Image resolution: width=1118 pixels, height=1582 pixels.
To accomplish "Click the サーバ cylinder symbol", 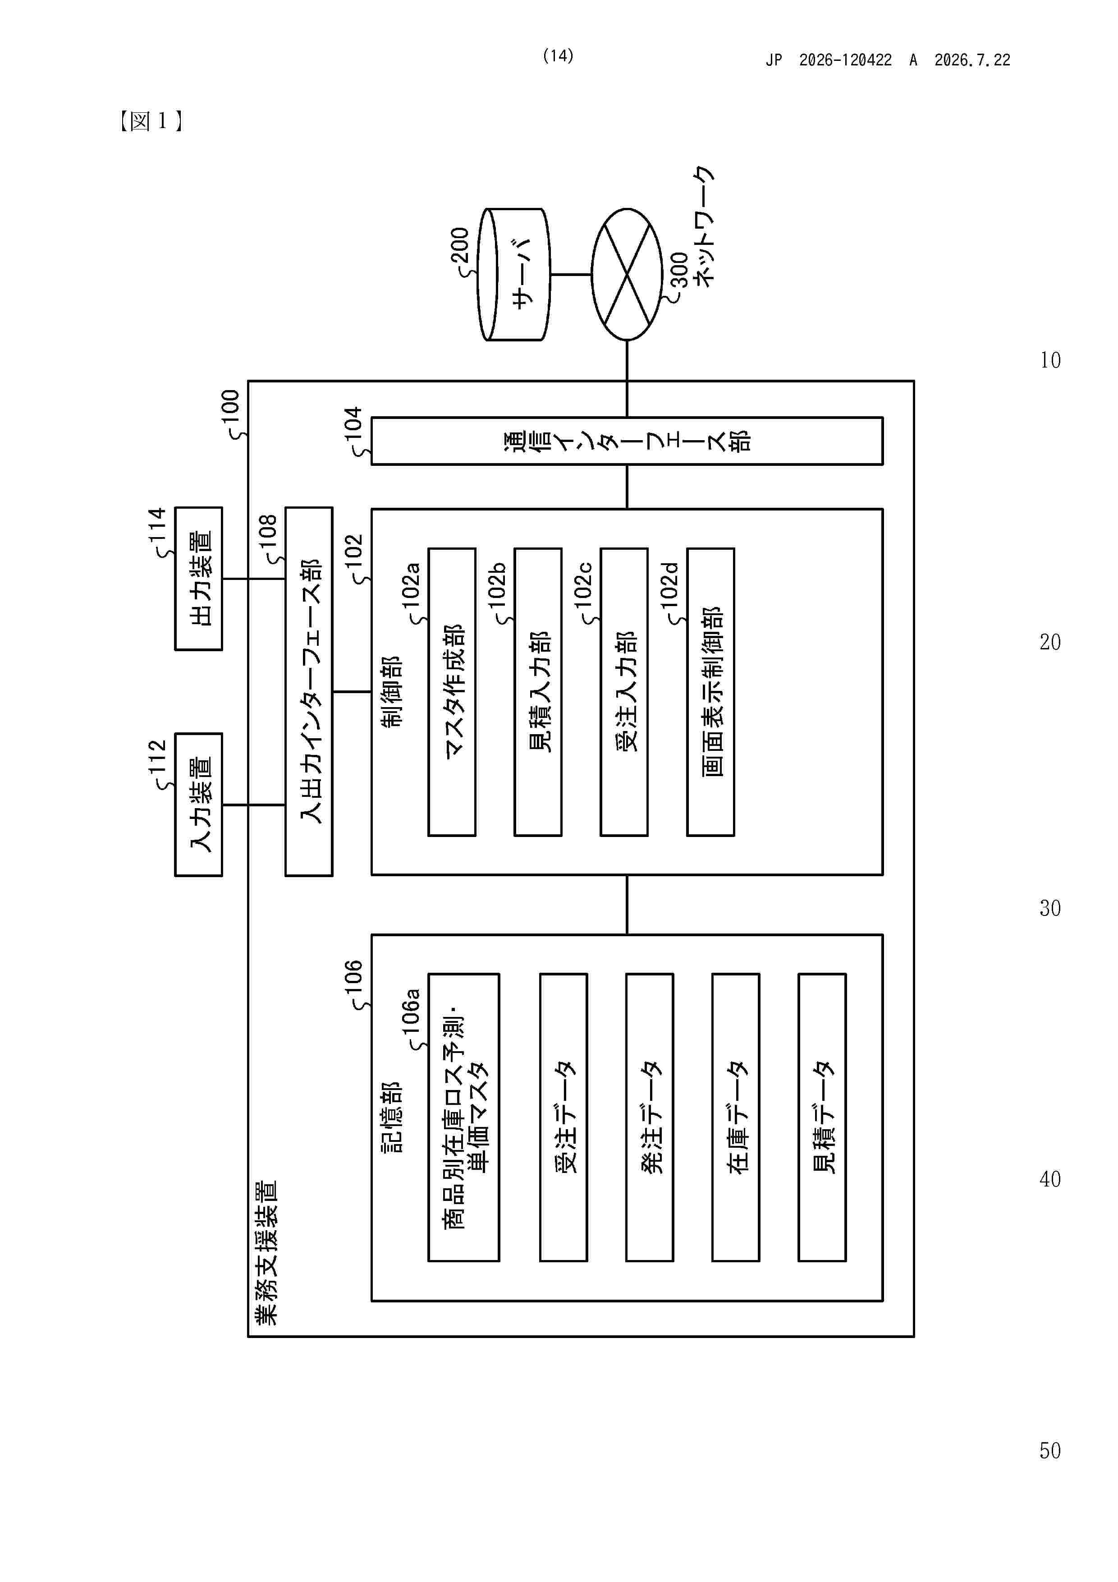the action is pyautogui.click(x=515, y=274).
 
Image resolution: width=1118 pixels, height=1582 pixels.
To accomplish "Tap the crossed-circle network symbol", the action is pyautogui.click(x=627, y=274).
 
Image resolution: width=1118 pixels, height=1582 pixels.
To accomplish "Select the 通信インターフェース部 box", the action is pyautogui.click(x=627, y=441).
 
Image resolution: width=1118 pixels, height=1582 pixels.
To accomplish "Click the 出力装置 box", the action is pyautogui.click(x=198, y=579).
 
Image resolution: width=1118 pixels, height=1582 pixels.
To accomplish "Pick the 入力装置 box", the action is pyautogui.click(x=198, y=805).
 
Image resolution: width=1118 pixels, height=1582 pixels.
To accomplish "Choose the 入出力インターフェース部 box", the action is pyautogui.click(x=309, y=692).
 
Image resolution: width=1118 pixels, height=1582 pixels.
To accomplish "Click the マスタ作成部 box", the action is pyautogui.click(x=452, y=692).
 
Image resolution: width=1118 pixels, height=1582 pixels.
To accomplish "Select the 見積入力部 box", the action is pyautogui.click(x=538, y=692).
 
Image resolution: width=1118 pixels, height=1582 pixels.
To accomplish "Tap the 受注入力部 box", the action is pyautogui.click(x=624, y=692).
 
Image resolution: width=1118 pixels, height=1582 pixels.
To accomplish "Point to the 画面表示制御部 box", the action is pyautogui.click(x=710, y=692).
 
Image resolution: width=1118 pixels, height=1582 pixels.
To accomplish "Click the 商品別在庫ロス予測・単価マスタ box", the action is pyautogui.click(x=463, y=1118).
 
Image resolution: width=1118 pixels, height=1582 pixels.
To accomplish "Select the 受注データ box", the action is pyautogui.click(x=564, y=1118).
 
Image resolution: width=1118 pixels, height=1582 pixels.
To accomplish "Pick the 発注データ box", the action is pyautogui.click(x=650, y=1118).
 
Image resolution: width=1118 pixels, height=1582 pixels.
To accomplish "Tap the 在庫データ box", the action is pyautogui.click(x=736, y=1118).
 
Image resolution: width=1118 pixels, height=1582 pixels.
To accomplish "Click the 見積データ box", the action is pyautogui.click(x=822, y=1118).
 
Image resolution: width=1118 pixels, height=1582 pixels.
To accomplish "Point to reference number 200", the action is pyautogui.click(x=459, y=245).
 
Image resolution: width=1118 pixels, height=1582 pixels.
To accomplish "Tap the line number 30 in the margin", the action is pyautogui.click(x=1050, y=908).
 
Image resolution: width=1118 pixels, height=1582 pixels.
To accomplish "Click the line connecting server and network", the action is pyautogui.click(x=571, y=274).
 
